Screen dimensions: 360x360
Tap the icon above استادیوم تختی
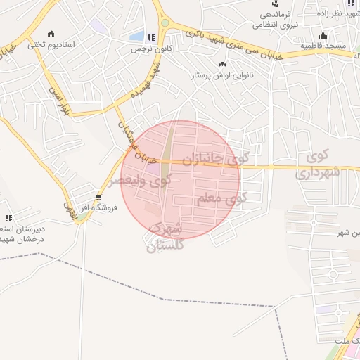click(x=50, y=33)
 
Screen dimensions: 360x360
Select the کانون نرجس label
click(x=155, y=49)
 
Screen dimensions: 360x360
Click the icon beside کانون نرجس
click(x=151, y=37)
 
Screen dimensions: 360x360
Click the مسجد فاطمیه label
click(x=324, y=46)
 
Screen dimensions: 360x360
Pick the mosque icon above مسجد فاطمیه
click(x=323, y=35)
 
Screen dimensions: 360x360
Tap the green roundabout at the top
click(x=165, y=22)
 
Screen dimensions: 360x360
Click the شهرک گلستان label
click(x=167, y=237)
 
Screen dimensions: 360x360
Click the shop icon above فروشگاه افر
click(x=98, y=197)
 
